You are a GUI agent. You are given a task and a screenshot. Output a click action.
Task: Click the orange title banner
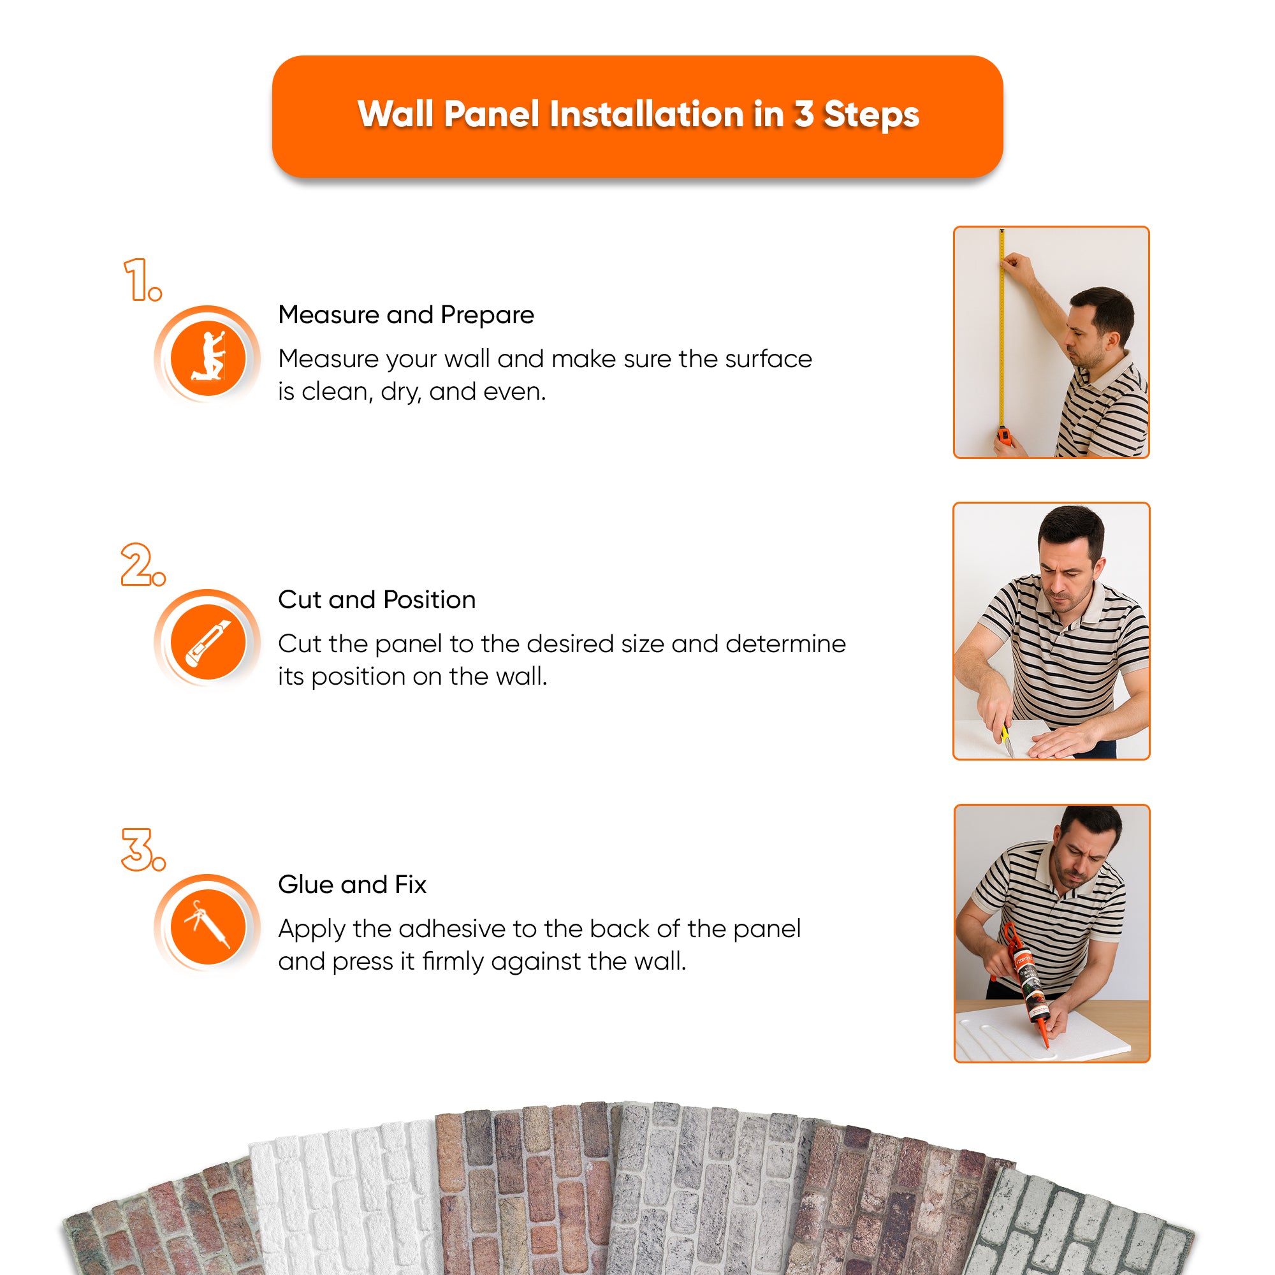pyautogui.click(x=637, y=115)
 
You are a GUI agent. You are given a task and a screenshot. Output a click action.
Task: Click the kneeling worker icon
pyautogui.click(x=208, y=358)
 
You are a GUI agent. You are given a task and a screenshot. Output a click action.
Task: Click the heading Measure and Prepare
pyautogui.click(x=406, y=316)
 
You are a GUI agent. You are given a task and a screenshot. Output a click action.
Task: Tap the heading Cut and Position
pyautogui.click(x=377, y=600)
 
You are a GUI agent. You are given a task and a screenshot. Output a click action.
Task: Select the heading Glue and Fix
pyautogui.click(x=353, y=885)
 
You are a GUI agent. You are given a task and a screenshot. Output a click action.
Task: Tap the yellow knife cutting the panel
pyautogui.click(x=1007, y=739)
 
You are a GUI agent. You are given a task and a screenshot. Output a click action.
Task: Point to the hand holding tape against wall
pyautogui.click(x=1017, y=268)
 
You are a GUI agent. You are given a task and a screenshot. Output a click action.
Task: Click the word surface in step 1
pyautogui.click(x=769, y=359)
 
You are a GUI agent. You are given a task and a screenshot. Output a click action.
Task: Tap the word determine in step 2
pyautogui.click(x=786, y=644)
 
